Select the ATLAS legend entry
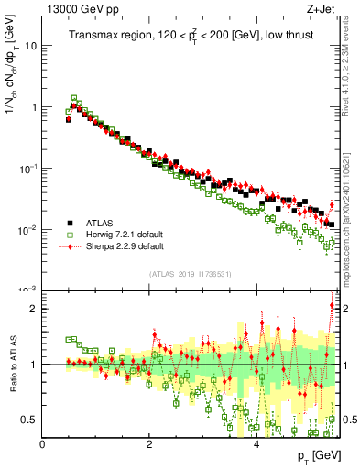click(102, 221)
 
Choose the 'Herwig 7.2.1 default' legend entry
click(125, 234)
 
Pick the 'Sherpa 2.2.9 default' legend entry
click(125, 246)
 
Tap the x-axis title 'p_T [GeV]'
click(312, 455)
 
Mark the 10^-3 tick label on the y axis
click(27, 289)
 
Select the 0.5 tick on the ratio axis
click(29, 420)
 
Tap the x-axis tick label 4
click(256, 444)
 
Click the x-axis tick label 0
click(42, 444)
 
